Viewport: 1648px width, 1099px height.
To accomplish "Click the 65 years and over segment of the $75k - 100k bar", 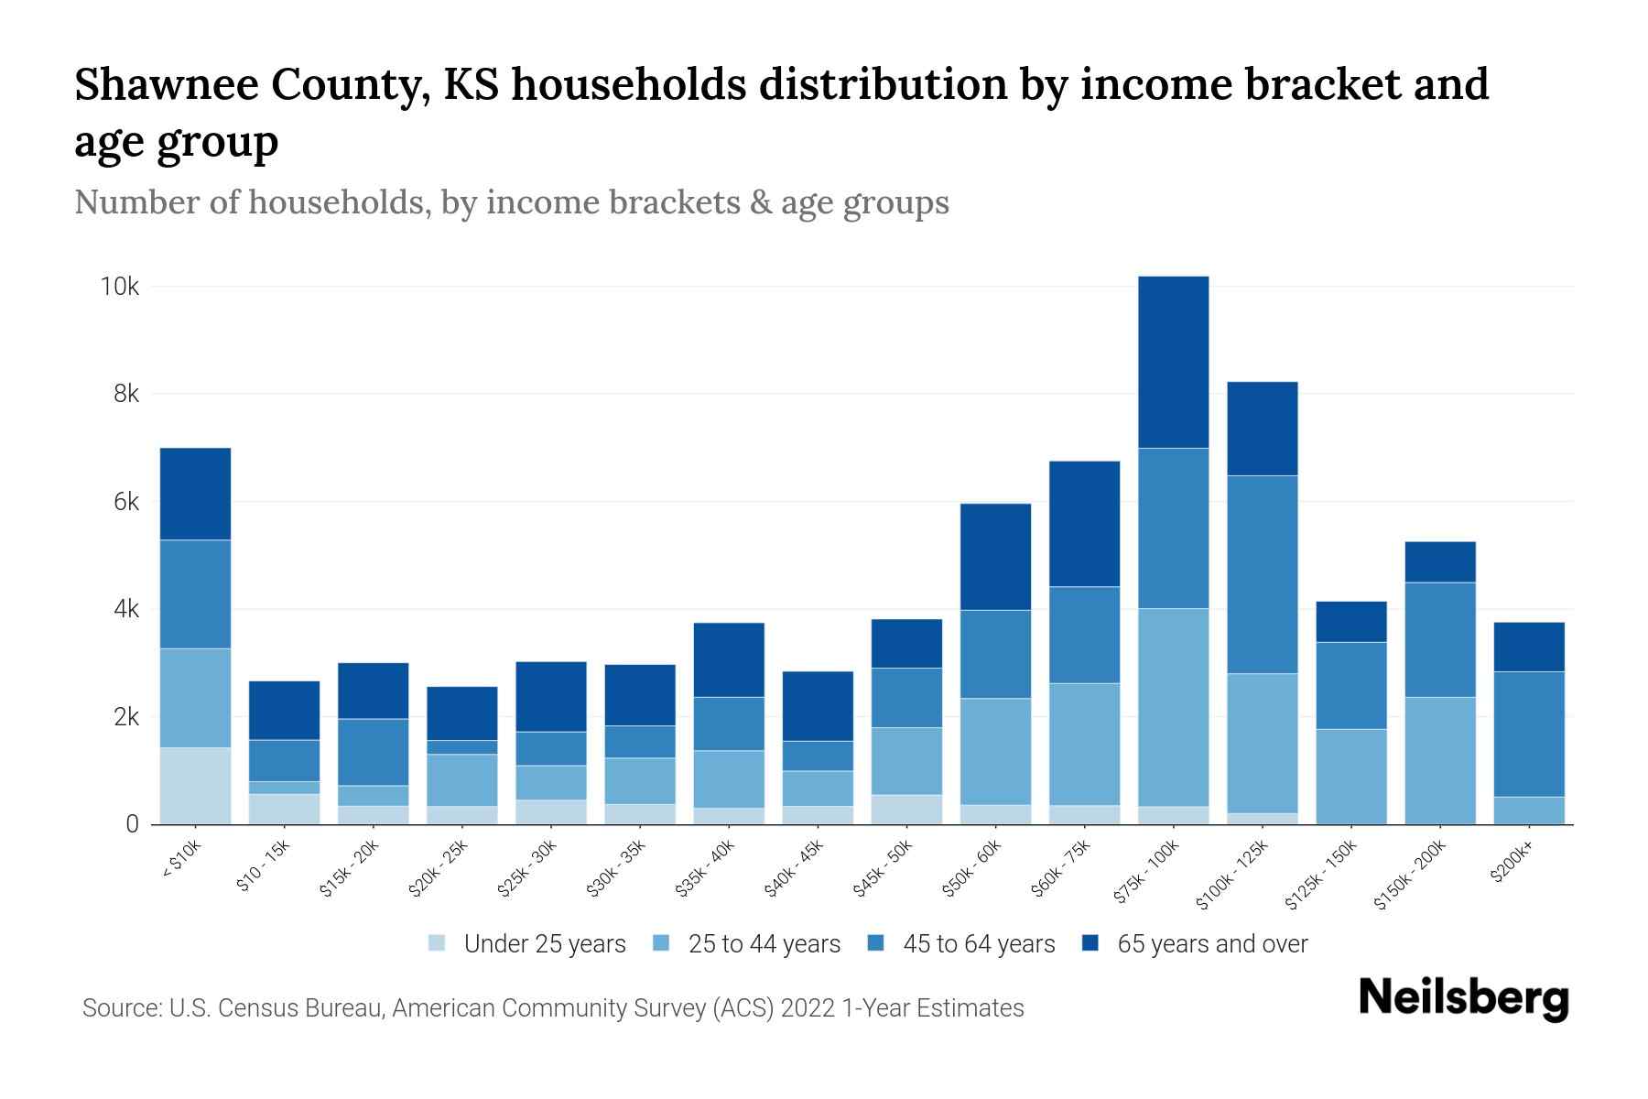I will [1173, 362].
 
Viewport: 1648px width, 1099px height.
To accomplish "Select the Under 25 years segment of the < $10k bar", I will [195, 786].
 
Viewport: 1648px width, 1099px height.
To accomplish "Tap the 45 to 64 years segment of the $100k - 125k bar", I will [1262, 574].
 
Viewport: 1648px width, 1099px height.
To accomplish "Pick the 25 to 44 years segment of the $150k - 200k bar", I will [1440, 760].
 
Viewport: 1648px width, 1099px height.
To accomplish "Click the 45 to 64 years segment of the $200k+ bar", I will [1529, 734].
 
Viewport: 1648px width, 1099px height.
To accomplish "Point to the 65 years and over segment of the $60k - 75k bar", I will [1084, 524].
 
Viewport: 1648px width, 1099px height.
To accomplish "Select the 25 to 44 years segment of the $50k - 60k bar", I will [995, 751].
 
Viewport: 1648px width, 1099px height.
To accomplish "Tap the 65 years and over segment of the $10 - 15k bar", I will [284, 710].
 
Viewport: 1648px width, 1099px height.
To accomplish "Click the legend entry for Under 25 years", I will [544, 944].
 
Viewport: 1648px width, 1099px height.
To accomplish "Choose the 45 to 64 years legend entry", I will [978, 944].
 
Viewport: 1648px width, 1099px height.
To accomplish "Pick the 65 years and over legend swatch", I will [1090, 943].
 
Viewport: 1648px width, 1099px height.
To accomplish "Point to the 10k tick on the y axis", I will [120, 287].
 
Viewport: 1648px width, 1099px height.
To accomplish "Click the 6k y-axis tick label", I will [125, 502].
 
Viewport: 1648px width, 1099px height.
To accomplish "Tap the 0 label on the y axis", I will [133, 824].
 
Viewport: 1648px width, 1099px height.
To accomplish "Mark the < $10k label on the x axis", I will [182, 861].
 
